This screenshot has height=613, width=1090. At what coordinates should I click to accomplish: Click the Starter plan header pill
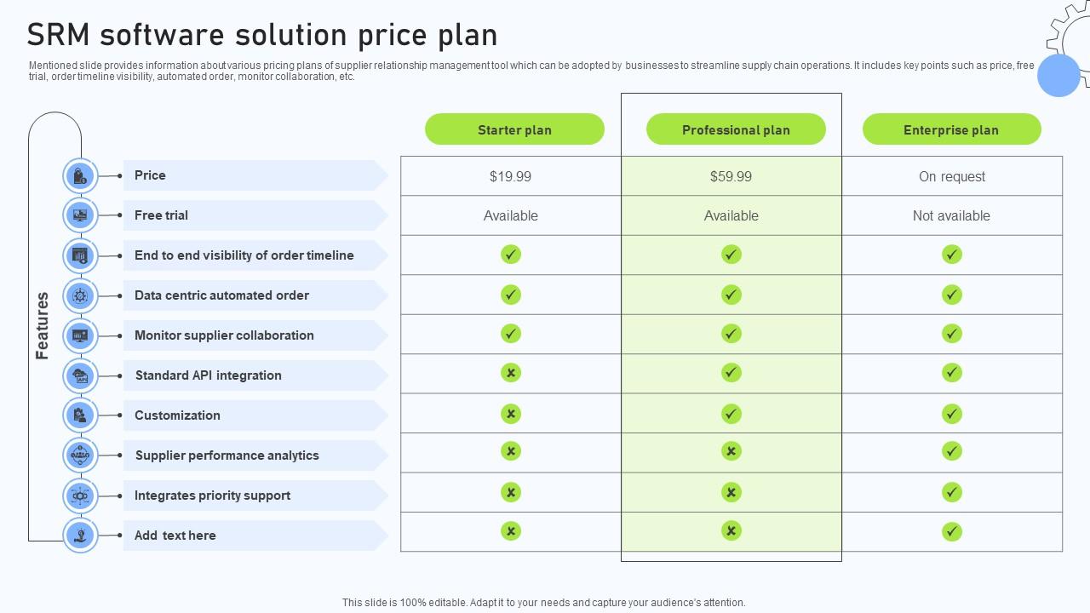tap(514, 129)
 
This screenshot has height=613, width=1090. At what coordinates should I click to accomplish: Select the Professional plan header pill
tap(736, 129)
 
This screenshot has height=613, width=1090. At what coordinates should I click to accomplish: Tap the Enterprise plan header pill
tap(951, 129)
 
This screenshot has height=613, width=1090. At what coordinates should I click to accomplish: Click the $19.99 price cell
tap(510, 176)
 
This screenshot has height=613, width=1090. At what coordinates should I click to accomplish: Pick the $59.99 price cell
tap(731, 176)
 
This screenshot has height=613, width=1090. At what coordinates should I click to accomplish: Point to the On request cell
tap(951, 176)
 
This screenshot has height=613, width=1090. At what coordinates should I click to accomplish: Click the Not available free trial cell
tap(951, 215)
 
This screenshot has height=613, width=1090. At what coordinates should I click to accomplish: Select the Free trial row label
tap(161, 215)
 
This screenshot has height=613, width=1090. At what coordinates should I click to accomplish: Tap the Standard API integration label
tap(208, 375)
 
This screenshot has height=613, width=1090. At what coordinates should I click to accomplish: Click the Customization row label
tap(177, 415)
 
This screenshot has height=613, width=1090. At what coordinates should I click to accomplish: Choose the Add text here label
tap(175, 536)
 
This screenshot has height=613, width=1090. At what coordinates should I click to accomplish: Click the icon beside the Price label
tap(80, 176)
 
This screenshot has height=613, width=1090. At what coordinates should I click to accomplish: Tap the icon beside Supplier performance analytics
tap(80, 455)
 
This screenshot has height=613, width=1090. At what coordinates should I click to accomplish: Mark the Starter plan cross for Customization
tap(510, 414)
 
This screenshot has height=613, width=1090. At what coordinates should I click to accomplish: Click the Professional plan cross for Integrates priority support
tap(731, 492)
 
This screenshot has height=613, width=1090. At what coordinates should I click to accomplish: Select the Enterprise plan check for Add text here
tap(951, 532)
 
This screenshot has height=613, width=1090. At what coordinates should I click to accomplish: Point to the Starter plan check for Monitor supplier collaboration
tap(510, 334)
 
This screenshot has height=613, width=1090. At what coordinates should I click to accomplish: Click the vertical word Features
tap(43, 325)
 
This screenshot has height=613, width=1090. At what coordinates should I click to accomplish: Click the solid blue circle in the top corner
tap(1058, 75)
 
